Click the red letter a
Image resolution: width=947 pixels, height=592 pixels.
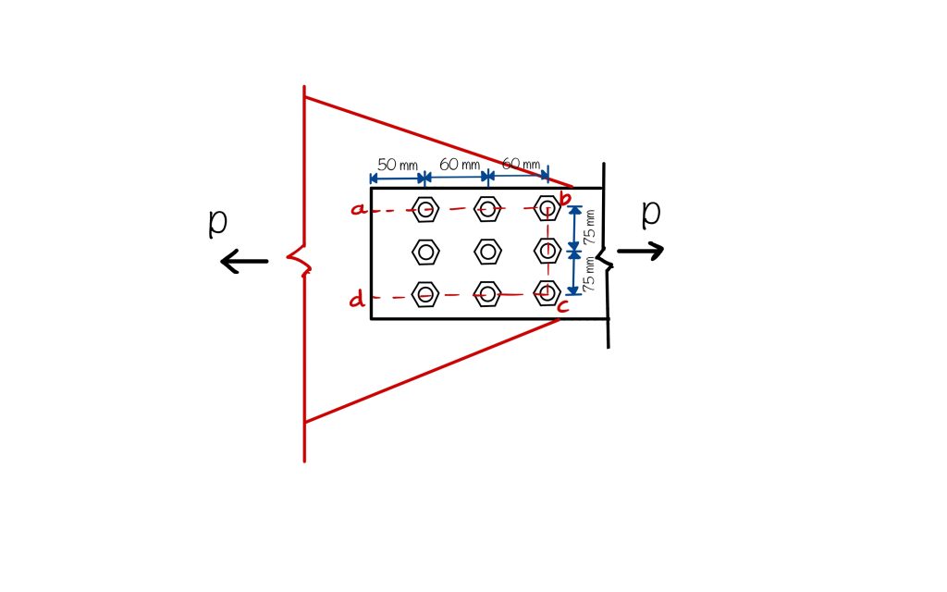pyautogui.click(x=358, y=210)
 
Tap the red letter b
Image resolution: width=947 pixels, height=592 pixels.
pyautogui.click(x=566, y=196)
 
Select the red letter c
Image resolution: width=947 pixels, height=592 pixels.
pyautogui.click(x=562, y=306)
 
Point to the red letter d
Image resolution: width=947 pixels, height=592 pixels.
pyautogui.click(x=357, y=299)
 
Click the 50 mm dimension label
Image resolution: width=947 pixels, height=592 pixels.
pyautogui.click(x=398, y=165)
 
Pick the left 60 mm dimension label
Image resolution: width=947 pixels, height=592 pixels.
pyautogui.click(x=460, y=164)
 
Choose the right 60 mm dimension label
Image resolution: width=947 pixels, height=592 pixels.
pyautogui.click(x=521, y=164)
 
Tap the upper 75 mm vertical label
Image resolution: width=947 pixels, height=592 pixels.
pyautogui.click(x=590, y=226)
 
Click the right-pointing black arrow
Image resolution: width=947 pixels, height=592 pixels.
pyautogui.click(x=641, y=251)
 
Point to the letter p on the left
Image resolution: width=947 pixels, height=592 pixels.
pyautogui.click(x=217, y=222)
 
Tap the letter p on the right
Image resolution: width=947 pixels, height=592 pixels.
pyautogui.click(x=651, y=212)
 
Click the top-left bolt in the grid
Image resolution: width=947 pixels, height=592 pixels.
pyautogui.click(x=424, y=209)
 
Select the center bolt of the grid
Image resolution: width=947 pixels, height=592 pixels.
pyautogui.click(x=487, y=251)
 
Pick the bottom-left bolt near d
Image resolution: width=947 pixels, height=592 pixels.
pyautogui.click(x=424, y=295)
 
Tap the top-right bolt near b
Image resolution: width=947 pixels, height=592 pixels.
pyautogui.click(x=547, y=207)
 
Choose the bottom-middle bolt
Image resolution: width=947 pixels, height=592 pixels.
pyautogui.click(x=487, y=295)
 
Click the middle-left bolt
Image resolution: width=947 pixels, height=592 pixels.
pyautogui.click(x=424, y=251)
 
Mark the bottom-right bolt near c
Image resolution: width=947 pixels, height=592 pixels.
pyautogui.click(x=547, y=292)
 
